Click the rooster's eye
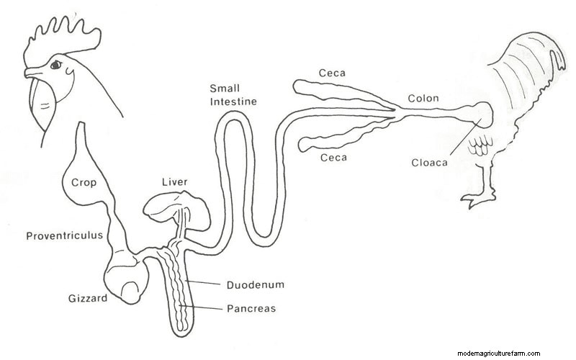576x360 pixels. (56, 66)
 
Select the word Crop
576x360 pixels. (84, 183)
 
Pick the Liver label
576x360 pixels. (174, 183)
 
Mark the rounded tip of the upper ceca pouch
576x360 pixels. (297, 86)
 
